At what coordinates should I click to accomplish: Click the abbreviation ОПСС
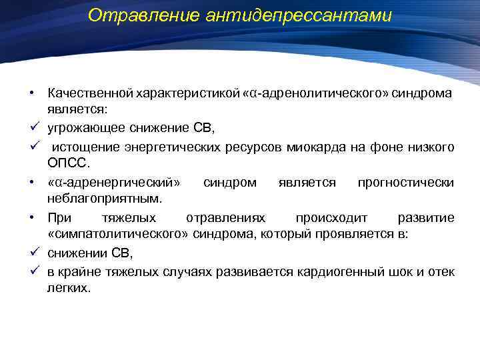point(67,163)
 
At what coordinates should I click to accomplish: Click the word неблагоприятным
point(105,199)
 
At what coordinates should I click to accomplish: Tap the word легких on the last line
point(67,289)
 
